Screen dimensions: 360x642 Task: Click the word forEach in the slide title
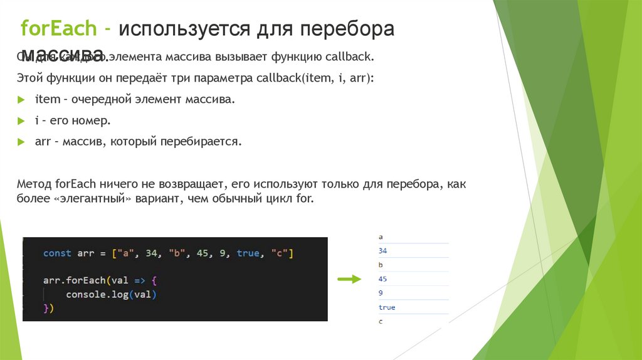(x=58, y=29)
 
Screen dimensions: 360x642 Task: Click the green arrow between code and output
(x=350, y=279)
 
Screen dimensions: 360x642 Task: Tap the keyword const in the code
(x=57, y=253)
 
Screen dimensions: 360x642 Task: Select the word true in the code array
(x=248, y=253)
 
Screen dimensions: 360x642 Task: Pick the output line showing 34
(x=384, y=251)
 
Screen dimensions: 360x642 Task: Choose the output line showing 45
(x=384, y=279)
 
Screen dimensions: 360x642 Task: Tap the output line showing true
(x=387, y=307)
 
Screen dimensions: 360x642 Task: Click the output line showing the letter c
(x=381, y=321)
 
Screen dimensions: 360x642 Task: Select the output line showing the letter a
(x=381, y=237)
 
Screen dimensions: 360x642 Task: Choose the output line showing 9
(x=381, y=293)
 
